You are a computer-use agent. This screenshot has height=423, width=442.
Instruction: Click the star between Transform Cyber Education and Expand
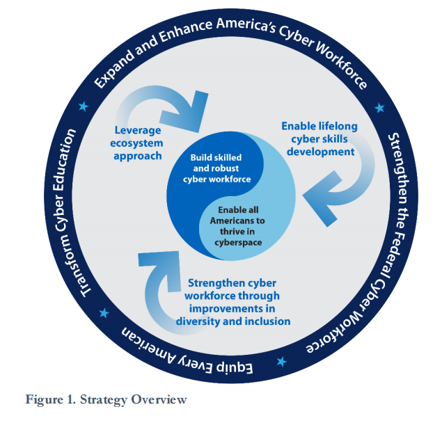click(84, 106)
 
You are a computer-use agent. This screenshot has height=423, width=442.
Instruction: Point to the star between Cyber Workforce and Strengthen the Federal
click(379, 108)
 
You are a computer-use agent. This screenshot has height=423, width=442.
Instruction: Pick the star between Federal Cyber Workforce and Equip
click(282, 362)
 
